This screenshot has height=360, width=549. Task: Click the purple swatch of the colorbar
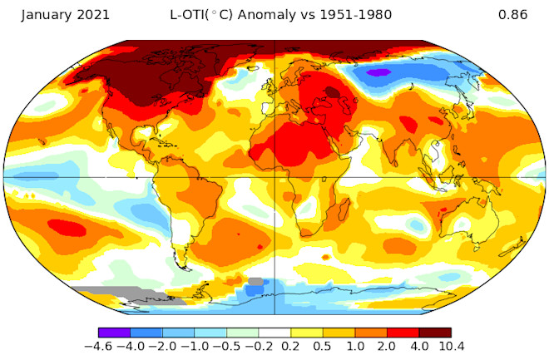click(x=113, y=333)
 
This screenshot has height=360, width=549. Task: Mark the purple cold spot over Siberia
click(x=378, y=73)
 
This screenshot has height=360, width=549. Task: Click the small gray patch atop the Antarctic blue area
click(x=255, y=282)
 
